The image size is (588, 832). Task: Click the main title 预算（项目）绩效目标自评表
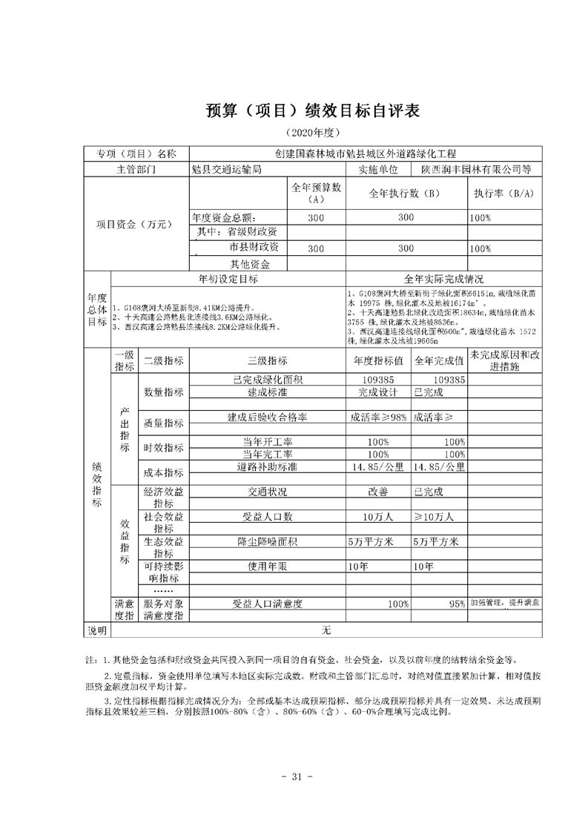click(312, 110)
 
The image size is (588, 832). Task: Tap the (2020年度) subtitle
click(312, 133)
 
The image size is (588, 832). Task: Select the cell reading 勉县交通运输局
click(226, 169)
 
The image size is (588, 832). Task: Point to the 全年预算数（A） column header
click(316, 194)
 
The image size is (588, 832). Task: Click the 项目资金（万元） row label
click(135, 225)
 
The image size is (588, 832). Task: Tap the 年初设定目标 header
click(228, 279)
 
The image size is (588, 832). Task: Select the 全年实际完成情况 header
click(443, 279)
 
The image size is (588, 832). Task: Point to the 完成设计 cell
click(378, 392)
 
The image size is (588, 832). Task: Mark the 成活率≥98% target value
click(378, 418)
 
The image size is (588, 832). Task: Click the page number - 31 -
click(294, 777)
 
